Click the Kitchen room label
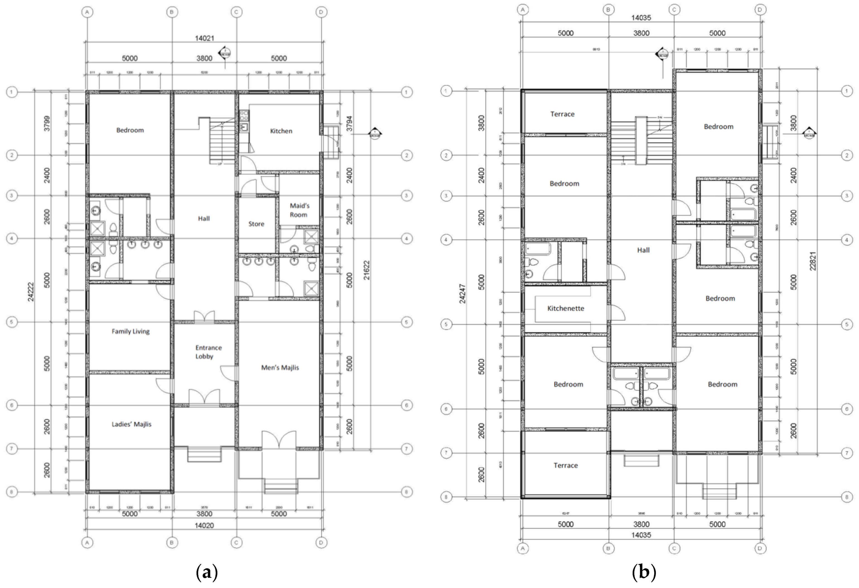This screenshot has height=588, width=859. pos(281,131)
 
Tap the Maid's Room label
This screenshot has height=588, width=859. pos(299,210)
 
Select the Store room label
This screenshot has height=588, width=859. pos(256,224)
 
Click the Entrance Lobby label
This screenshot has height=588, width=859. pos(208,352)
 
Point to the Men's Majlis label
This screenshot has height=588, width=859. pos(280,367)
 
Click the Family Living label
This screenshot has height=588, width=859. pos(131,331)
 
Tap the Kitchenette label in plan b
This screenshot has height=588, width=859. pos(566,308)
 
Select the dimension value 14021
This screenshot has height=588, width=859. pos(204,38)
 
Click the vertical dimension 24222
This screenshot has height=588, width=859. pos(31,292)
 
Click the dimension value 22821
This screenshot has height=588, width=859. pos(813,261)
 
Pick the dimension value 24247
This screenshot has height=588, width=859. pos(462,294)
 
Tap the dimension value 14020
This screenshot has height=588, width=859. pos(204,525)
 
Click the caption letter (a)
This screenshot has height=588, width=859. pos(206,573)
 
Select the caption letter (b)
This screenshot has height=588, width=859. pos(644,573)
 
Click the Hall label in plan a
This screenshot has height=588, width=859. pos(204,218)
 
